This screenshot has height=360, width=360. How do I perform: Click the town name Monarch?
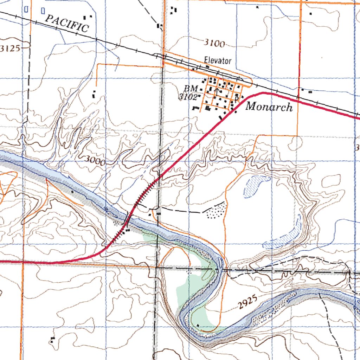269,106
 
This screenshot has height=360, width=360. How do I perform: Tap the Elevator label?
218,61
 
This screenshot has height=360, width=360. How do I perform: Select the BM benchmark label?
191,88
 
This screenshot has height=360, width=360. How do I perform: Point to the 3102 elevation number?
188,97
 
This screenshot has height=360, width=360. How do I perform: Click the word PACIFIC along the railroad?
67,24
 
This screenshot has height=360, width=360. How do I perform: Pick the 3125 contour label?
10,49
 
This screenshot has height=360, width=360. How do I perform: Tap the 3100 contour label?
214,43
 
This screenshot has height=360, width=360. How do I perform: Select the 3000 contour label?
95,161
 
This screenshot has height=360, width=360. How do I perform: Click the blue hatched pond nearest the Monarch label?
256,185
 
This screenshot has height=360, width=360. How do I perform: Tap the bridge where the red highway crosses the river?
128,221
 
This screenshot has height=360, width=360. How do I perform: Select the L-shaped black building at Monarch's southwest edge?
195,108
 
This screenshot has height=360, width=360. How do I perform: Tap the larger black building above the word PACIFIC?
85,17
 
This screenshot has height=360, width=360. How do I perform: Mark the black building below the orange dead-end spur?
94,94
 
